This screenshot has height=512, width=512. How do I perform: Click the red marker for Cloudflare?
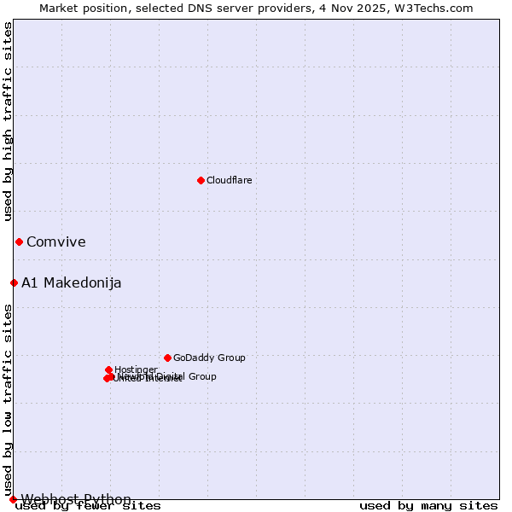click(x=201, y=180)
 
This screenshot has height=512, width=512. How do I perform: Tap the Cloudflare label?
click(x=229, y=180)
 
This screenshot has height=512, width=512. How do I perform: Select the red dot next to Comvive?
click(x=19, y=241)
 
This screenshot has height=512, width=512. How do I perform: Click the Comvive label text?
click(x=55, y=241)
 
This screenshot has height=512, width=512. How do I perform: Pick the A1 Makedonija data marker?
click(x=14, y=282)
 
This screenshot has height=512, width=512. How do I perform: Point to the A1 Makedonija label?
click(x=71, y=282)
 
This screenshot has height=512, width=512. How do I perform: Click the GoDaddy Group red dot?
click(x=167, y=358)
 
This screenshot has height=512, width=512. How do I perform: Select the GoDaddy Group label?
click(x=209, y=358)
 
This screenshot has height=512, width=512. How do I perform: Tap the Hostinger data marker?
click(x=109, y=369)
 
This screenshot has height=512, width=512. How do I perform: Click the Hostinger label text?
click(x=136, y=369)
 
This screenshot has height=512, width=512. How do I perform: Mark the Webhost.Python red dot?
click(x=13, y=499)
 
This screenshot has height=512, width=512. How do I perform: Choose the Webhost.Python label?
click(x=76, y=499)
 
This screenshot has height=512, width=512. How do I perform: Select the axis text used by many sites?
click(x=428, y=506)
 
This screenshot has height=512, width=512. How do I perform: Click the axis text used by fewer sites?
click(x=88, y=506)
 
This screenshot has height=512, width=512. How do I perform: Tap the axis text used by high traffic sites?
click(x=9, y=121)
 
